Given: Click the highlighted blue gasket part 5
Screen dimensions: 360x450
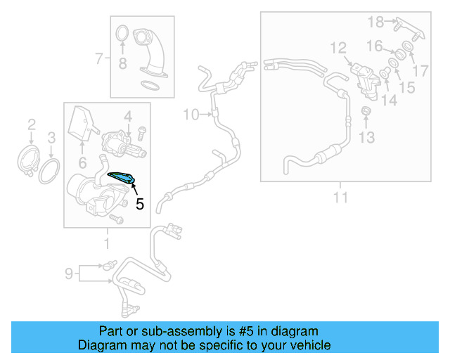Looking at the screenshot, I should [121, 178].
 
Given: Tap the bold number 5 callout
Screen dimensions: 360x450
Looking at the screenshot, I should [139, 205].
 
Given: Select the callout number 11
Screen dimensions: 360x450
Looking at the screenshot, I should [340, 198].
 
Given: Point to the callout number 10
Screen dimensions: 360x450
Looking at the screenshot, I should [191, 114].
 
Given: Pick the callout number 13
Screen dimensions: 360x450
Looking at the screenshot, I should [366, 137].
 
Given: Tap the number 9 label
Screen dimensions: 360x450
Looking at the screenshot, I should [69, 272].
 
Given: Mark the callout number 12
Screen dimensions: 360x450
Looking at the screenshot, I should [338, 48].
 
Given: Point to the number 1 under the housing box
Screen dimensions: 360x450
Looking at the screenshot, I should [107, 243].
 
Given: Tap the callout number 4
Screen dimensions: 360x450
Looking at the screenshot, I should [128, 115].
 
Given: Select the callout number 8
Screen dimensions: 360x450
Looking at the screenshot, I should [122, 65].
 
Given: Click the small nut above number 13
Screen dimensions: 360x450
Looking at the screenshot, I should [366, 112].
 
